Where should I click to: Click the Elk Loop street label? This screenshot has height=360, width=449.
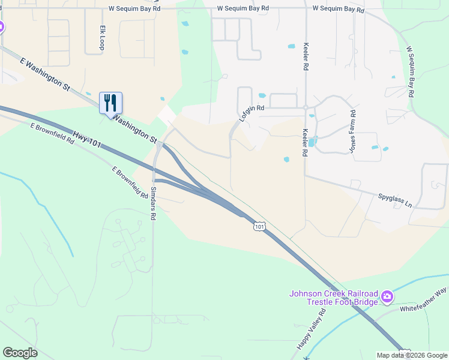pos(103,38)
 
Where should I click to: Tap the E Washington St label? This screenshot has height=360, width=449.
pos(45,74)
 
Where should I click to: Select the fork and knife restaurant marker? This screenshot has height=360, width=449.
pos(110,103)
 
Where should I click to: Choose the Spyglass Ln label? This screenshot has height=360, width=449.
pos(394,200)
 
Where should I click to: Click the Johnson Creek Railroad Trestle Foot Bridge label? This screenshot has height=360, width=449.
pos(334,298)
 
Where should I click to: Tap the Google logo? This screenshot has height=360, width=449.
pos(20,353)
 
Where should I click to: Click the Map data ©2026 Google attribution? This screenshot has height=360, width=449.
pos(411,355)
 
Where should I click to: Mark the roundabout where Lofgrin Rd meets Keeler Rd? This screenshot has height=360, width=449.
pos(306,107)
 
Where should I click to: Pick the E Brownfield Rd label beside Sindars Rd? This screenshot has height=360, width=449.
pos(130,182)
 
